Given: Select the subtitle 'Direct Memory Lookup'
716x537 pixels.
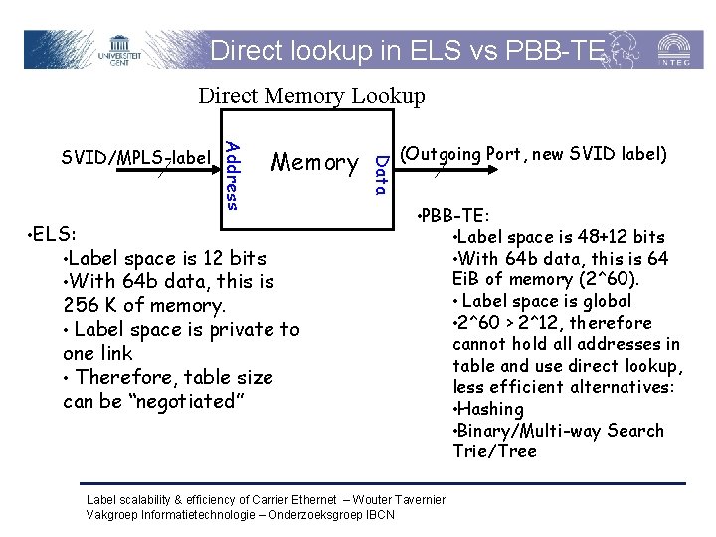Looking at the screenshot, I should [312, 96].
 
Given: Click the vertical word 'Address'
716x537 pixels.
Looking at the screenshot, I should [231, 174].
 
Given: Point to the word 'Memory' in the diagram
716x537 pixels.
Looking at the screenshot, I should [314, 161].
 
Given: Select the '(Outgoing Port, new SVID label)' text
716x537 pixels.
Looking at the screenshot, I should [532, 154].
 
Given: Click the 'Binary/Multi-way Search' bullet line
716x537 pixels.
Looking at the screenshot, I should [560, 430].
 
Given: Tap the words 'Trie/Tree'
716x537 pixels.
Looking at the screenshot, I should [494, 451].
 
